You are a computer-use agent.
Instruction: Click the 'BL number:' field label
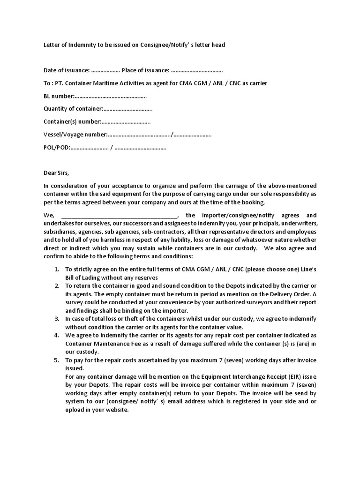pos(59,96)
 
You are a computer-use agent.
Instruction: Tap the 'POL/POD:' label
pos(57,148)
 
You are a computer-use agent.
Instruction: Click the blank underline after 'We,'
pos(120,216)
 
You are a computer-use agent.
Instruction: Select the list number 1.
pos(56,270)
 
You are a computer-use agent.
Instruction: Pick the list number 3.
pos(56,319)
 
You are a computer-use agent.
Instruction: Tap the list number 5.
pos(56,360)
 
